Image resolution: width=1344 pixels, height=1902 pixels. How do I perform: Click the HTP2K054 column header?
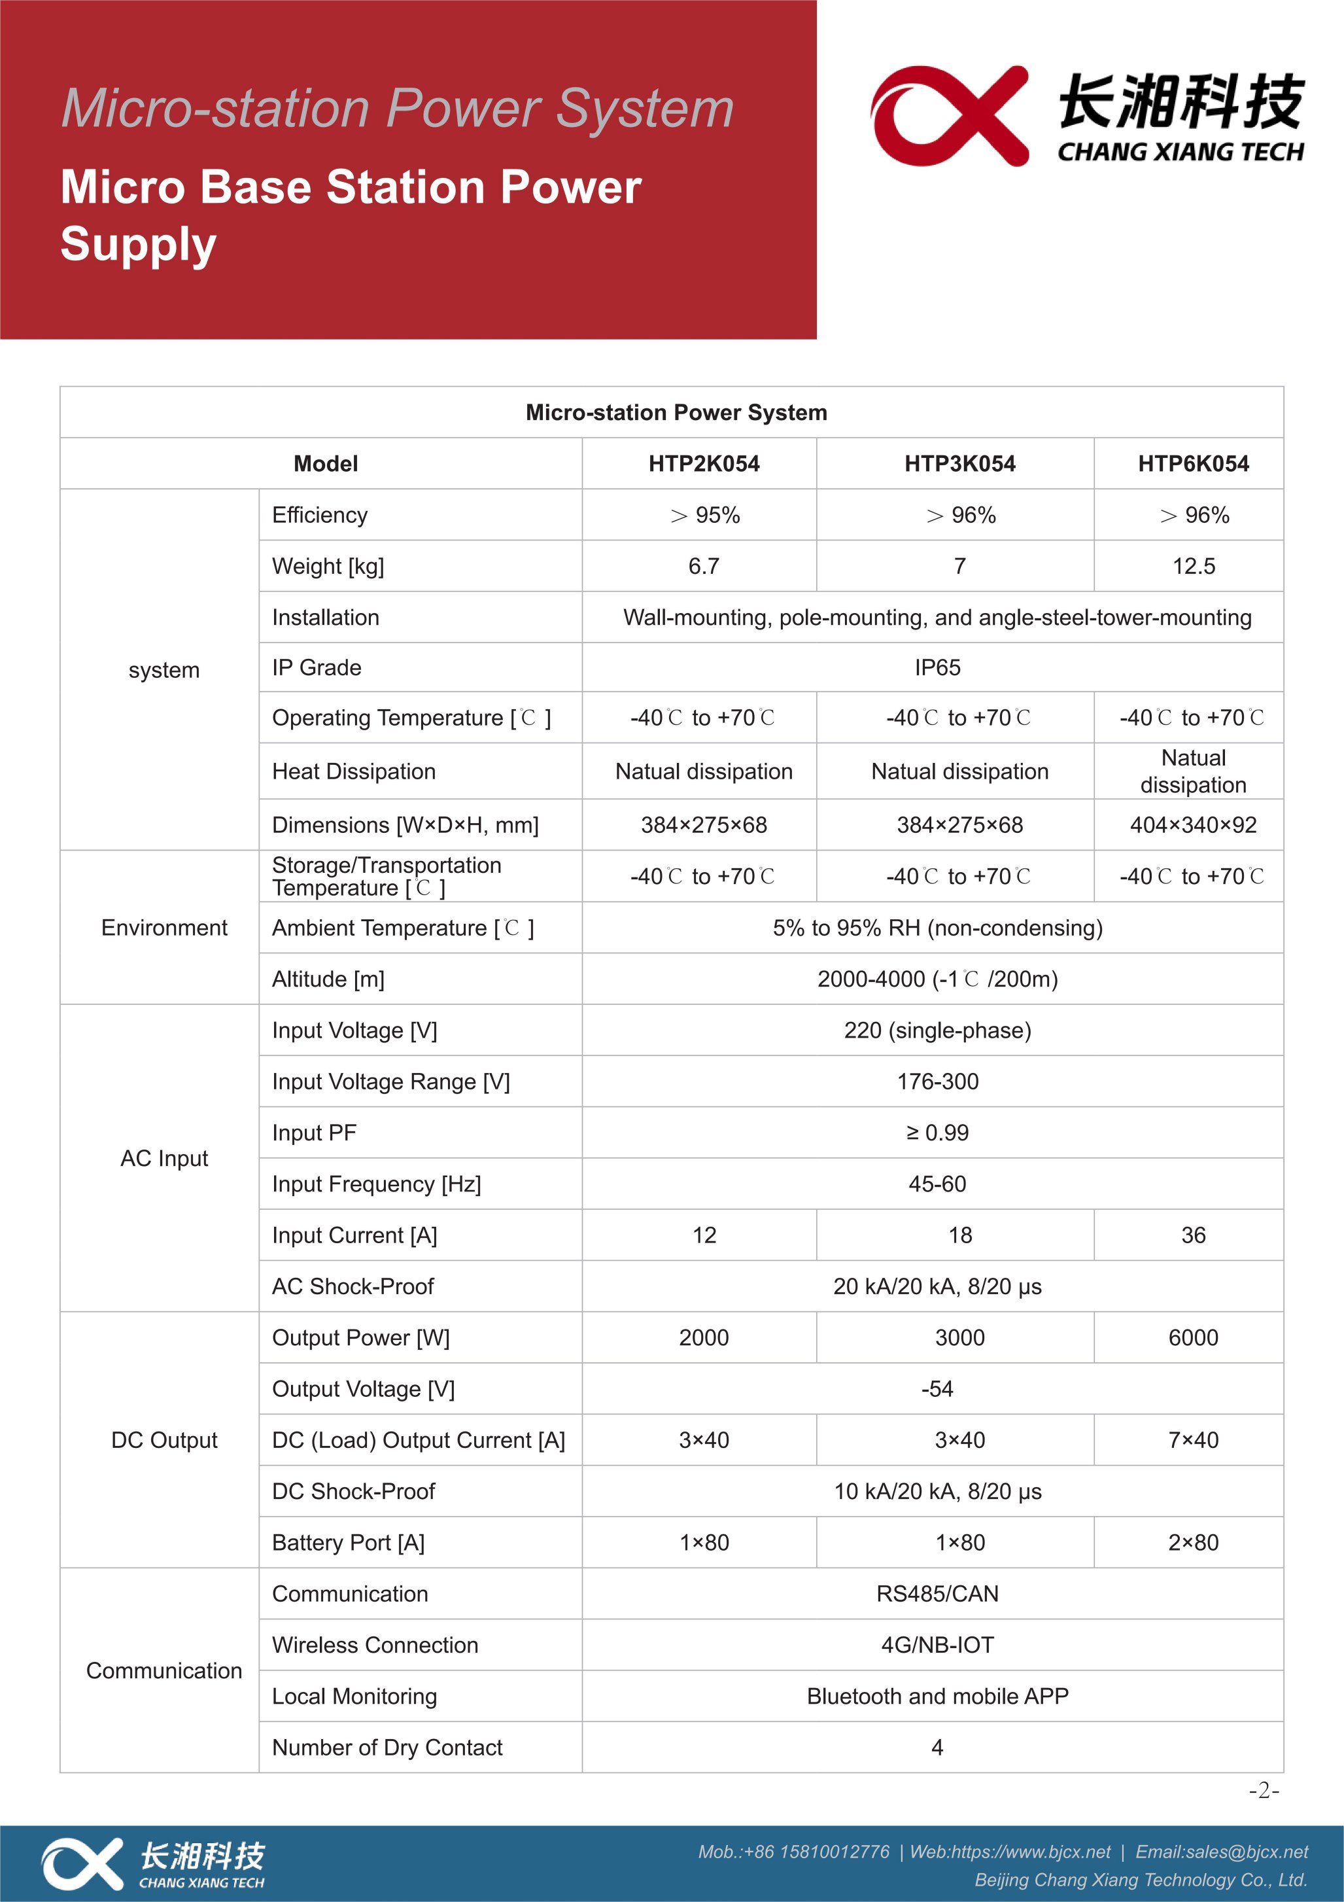pos(704,464)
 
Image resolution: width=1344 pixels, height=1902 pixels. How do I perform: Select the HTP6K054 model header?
pos(1194,464)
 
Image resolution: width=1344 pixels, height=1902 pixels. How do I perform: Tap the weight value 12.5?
pos(1194,567)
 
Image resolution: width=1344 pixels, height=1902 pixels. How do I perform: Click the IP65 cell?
pos(937,667)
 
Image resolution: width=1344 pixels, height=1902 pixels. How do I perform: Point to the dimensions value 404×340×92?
pos(1194,825)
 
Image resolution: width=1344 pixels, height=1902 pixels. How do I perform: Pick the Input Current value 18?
pos(959,1235)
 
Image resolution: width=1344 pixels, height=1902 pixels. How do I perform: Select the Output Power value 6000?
pos(1194,1338)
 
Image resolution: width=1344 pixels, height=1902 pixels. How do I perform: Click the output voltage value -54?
pos(937,1389)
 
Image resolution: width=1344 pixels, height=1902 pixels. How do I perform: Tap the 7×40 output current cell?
pos(1194,1441)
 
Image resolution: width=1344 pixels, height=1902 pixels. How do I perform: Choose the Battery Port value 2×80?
pos(1194,1543)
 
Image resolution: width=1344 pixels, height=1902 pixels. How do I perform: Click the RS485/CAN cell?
pos(937,1594)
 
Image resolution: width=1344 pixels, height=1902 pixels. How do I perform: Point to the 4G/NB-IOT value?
pos(937,1646)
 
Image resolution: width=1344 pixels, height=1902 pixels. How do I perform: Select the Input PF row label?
pos(315,1133)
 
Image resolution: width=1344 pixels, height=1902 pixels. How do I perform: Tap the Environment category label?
pos(164,928)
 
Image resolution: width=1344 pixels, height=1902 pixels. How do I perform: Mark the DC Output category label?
pos(164,1441)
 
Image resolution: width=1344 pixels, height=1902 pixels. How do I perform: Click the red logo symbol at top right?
pos(949,116)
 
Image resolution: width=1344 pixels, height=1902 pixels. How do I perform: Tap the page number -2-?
pos(1264,1791)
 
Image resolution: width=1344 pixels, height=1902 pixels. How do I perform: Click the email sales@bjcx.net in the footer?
pos(1222,1852)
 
